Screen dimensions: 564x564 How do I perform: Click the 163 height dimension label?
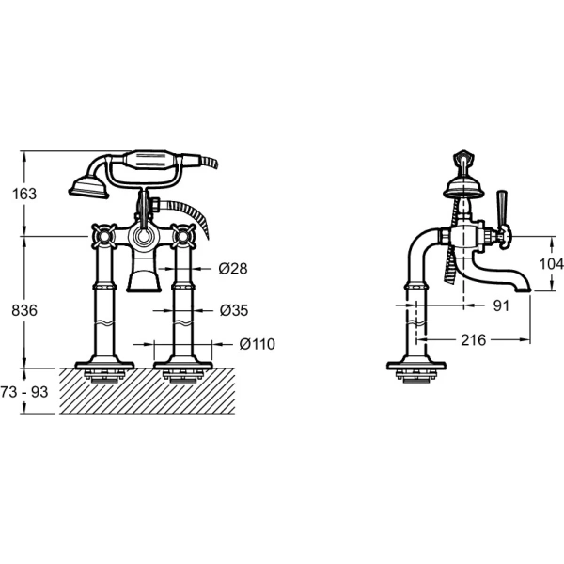24,194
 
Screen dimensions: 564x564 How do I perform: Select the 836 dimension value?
24,310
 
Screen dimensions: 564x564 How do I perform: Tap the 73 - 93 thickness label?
24,392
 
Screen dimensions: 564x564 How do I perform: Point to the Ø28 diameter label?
233,268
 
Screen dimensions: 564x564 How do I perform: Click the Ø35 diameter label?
234,310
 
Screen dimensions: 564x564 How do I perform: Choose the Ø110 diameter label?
258,344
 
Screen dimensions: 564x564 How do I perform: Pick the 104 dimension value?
551,264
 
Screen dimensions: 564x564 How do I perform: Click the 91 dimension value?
501,305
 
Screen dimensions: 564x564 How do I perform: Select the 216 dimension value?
474,340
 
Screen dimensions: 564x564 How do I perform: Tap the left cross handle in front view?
104,236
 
